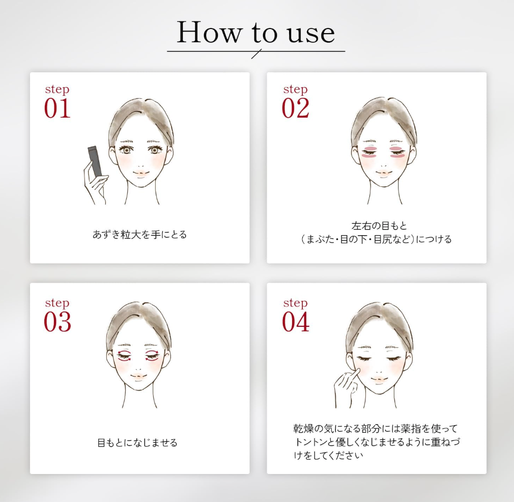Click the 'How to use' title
(x=255, y=32)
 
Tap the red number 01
(x=57, y=108)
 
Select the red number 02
(x=295, y=108)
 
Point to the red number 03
(x=58, y=322)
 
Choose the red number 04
(x=296, y=322)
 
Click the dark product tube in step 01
(x=95, y=160)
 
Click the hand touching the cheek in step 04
(x=347, y=387)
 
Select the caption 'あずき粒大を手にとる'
(x=139, y=234)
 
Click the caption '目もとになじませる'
(x=137, y=442)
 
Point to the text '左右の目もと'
(x=379, y=226)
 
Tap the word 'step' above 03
(x=57, y=303)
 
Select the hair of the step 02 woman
(x=384, y=118)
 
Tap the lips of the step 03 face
(x=138, y=377)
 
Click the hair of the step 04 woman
(x=379, y=323)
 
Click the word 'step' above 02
(x=295, y=89)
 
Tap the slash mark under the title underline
(x=256, y=54)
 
